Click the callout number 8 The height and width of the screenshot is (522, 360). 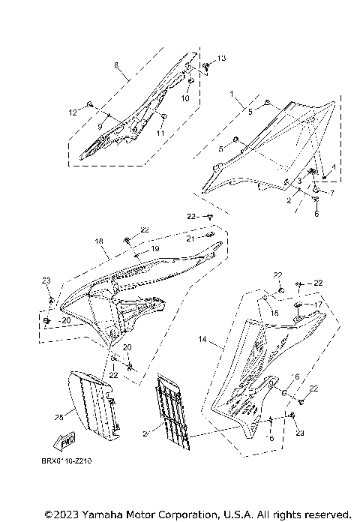116,65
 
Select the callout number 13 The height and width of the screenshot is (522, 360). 221,58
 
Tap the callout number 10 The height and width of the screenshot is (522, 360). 187,98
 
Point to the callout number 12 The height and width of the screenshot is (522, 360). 73,112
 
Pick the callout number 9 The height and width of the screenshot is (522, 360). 100,126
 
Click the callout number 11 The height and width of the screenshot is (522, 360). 160,133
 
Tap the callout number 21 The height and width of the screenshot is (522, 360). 190,238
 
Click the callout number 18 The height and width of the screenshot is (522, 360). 98,241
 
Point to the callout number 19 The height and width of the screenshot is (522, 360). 155,248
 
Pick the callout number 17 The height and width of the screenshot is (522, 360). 319,304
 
